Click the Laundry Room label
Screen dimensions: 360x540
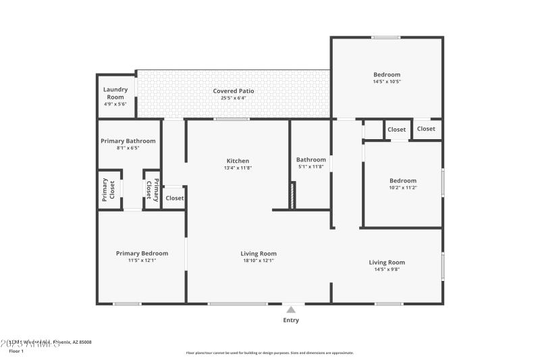[x=115, y=93]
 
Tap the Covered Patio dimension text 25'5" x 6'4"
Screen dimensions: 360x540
[x=234, y=98]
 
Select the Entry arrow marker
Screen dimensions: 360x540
[x=291, y=309]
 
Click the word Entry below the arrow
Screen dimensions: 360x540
[x=291, y=320]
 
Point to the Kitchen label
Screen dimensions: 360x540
[x=238, y=161]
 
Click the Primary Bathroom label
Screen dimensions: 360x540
[x=128, y=141]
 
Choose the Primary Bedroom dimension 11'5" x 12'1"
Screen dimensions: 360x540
[x=142, y=260]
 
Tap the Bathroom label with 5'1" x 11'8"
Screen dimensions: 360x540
[x=311, y=160]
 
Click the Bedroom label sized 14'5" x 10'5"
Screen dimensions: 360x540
[x=387, y=74]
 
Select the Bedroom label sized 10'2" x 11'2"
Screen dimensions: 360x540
[x=403, y=180]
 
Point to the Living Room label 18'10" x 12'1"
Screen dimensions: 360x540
[x=259, y=254]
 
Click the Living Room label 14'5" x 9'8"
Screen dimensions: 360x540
[x=387, y=262]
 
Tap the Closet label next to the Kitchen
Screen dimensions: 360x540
[x=175, y=198]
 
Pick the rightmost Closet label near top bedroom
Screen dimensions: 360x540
[x=426, y=129]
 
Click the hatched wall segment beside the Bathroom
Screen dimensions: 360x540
[x=292, y=195]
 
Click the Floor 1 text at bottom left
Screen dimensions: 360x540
[x=16, y=351]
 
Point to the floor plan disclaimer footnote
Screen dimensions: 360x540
[x=269, y=353]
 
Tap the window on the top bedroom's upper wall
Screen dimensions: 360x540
[x=385, y=37]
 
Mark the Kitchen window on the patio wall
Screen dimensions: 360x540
[x=232, y=120]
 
